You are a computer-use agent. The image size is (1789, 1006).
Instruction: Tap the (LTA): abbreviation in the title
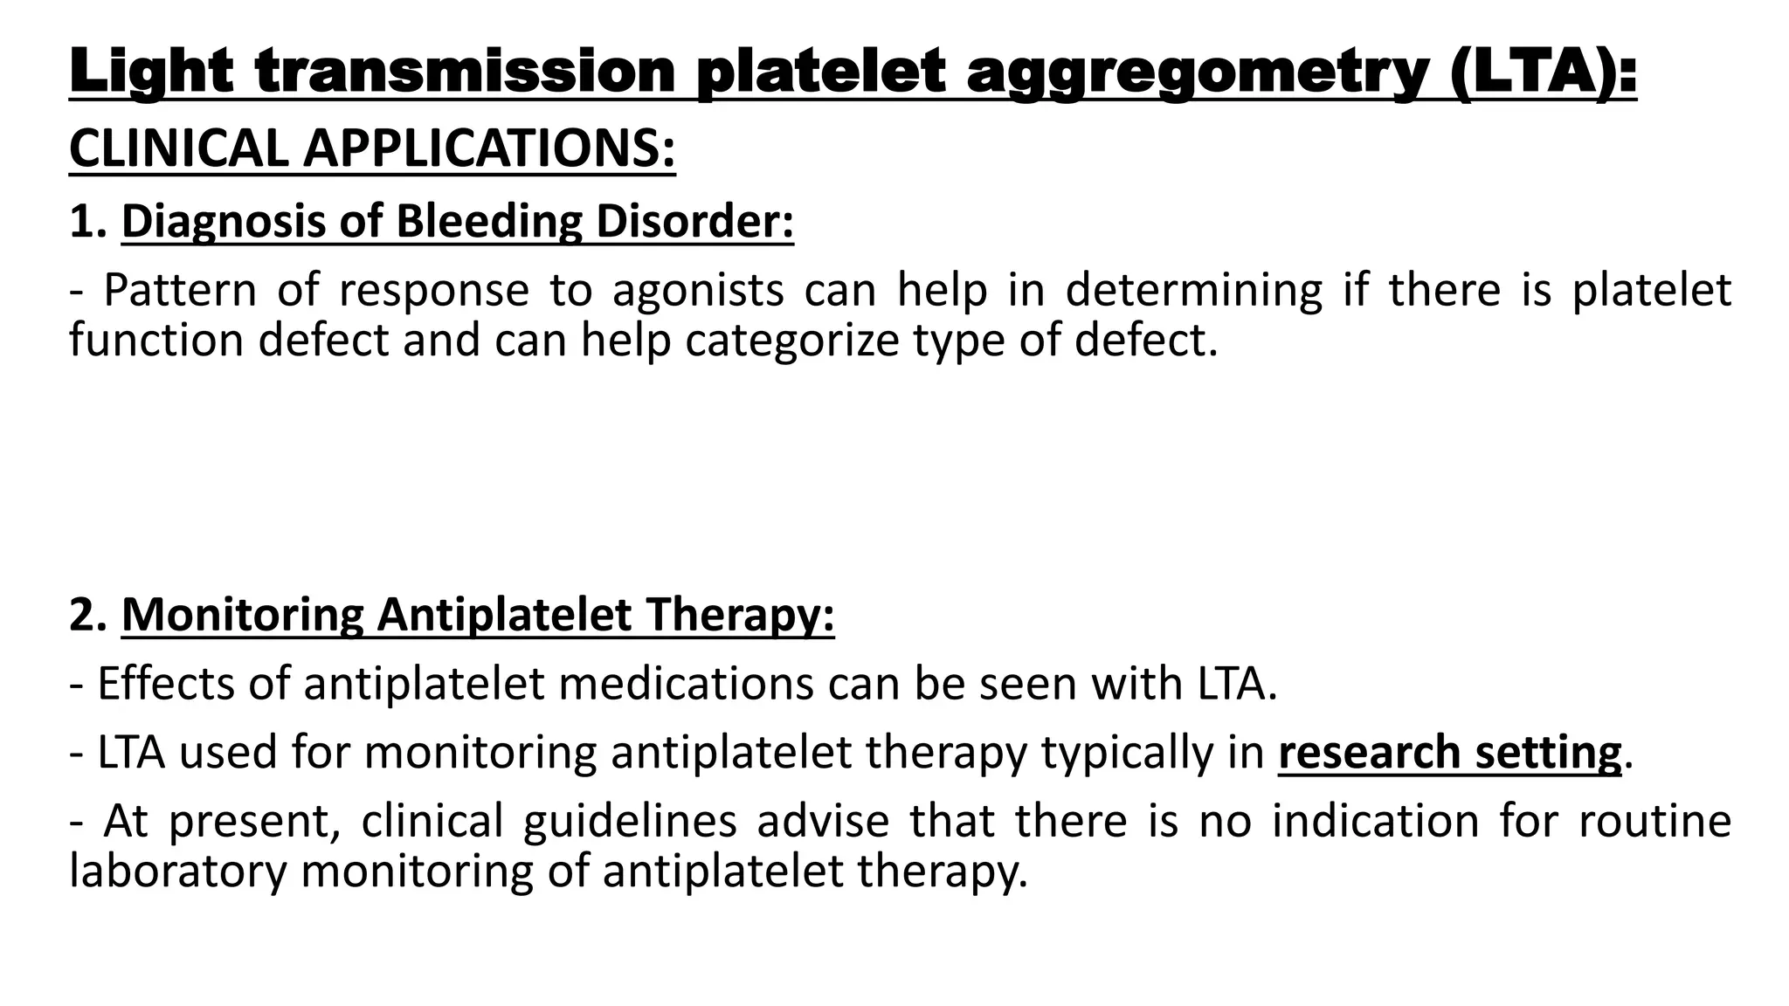[1543, 72]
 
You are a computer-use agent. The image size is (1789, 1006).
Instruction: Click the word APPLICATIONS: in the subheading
[489, 148]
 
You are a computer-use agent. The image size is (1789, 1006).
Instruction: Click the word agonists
[698, 290]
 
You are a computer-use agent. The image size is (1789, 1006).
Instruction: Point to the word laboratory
[177, 872]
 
